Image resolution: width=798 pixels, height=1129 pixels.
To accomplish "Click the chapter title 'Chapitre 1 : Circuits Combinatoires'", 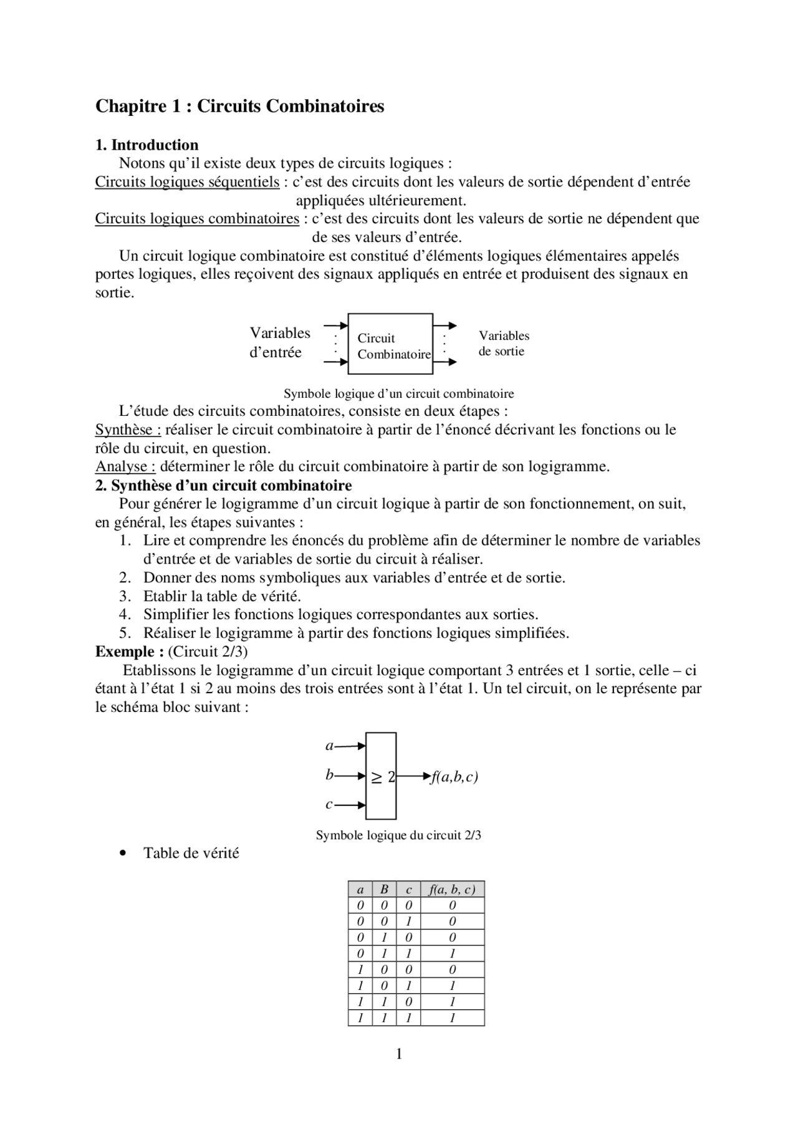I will pyautogui.click(x=239, y=107).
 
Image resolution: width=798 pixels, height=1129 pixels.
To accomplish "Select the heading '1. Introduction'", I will pyautogui.click(x=147, y=145).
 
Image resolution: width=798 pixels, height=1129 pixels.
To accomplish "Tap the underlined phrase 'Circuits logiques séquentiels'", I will pyautogui.click(x=187, y=182).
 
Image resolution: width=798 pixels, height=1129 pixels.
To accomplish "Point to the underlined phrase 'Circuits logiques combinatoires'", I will pyautogui.click(x=197, y=219).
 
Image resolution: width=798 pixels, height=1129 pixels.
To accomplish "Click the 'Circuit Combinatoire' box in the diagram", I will pyautogui.click(x=390, y=344).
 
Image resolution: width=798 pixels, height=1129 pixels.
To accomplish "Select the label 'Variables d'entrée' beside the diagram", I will pyautogui.click(x=279, y=342).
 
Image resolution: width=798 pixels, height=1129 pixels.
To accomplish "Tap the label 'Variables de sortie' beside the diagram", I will pyautogui.click(x=504, y=344).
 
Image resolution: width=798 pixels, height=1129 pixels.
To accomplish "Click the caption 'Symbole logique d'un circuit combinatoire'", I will pyautogui.click(x=398, y=394).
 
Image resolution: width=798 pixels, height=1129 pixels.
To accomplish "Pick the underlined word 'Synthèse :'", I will pyautogui.click(x=128, y=430).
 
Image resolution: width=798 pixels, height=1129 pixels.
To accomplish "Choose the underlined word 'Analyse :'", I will pyautogui.click(x=125, y=467).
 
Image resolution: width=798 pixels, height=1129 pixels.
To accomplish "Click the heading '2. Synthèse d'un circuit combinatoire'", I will pyautogui.click(x=223, y=486).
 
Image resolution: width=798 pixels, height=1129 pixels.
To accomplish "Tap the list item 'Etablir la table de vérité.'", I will pyautogui.click(x=222, y=596).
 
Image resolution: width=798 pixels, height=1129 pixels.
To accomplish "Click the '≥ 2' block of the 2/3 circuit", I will pyautogui.click(x=381, y=776).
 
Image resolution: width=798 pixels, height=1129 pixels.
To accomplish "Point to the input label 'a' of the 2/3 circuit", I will pyautogui.click(x=330, y=746).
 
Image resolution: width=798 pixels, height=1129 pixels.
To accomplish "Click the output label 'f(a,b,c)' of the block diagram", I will pyautogui.click(x=454, y=777).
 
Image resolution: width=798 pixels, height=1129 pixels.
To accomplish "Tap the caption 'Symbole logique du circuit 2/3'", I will pyautogui.click(x=398, y=835).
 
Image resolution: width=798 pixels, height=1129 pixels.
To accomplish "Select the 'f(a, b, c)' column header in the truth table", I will pyautogui.click(x=452, y=890).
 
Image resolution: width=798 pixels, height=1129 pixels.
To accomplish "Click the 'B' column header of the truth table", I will pyautogui.click(x=384, y=890).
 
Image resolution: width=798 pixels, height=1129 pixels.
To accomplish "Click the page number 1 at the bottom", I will pyautogui.click(x=399, y=1054).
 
